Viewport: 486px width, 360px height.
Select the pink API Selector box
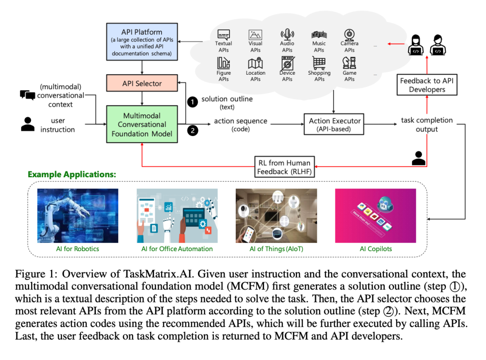coord(142,84)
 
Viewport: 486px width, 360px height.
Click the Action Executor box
coord(334,125)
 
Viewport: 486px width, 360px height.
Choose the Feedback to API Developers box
coord(427,85)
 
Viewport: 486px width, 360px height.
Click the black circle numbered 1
coord(193,102)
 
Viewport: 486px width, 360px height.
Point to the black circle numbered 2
coord(193,130)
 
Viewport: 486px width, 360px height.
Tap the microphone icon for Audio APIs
coord(287,34)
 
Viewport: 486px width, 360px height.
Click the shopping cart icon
coord(319,63)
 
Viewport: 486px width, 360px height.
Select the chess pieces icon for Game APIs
coord(350,63)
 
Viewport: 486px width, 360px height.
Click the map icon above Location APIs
coord(255,63)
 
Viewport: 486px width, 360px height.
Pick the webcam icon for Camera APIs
coord(350,34)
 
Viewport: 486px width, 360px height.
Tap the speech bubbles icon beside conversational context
coord(27,95)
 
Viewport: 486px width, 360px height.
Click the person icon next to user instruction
coord(28,124)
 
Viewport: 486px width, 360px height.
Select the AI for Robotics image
coord(77,216)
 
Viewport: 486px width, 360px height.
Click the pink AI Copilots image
coord(375,216)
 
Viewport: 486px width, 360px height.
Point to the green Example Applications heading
coord(72,174)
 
